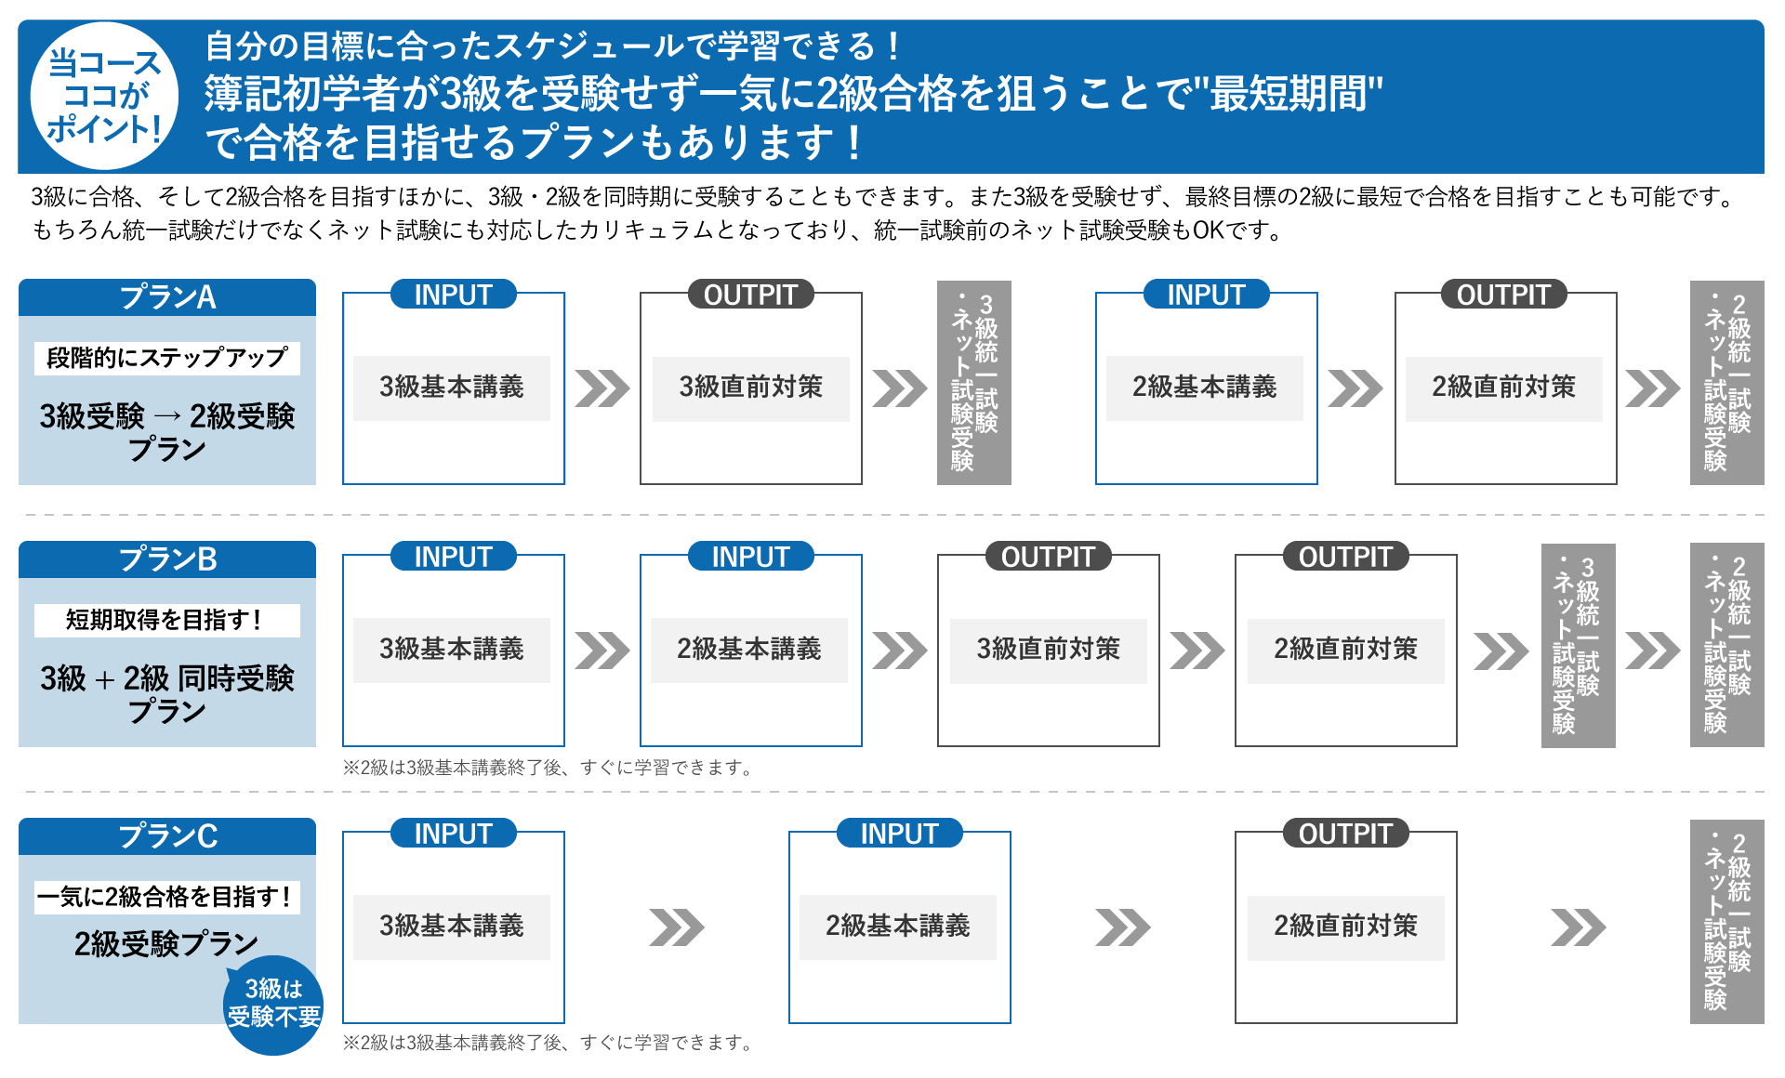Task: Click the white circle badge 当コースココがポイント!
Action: point(104,96)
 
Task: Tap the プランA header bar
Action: point(167,297)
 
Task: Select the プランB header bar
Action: point(167,559)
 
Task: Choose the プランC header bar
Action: point(167,836)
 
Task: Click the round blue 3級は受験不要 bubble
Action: point(273,1004)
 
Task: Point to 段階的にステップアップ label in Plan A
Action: point(167,358)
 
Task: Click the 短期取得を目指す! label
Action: point(167,620)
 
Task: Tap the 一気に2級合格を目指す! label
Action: point(167,897)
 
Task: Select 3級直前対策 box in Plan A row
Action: point(751,388)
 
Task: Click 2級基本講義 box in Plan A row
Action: point(1205,388)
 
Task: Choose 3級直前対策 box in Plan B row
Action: point(1049,650)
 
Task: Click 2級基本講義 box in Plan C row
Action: point(898,927)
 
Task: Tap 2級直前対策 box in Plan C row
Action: point(1346,927)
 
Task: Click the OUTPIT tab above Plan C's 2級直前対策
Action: point(1346,834)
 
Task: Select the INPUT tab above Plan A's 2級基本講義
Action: point(1206,295)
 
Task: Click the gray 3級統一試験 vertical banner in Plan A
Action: point(973,383)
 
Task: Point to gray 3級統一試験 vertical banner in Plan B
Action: point(1578,645)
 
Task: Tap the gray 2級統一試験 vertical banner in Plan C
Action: point(1726,922)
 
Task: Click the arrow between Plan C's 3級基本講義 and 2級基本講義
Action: point(677,927)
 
